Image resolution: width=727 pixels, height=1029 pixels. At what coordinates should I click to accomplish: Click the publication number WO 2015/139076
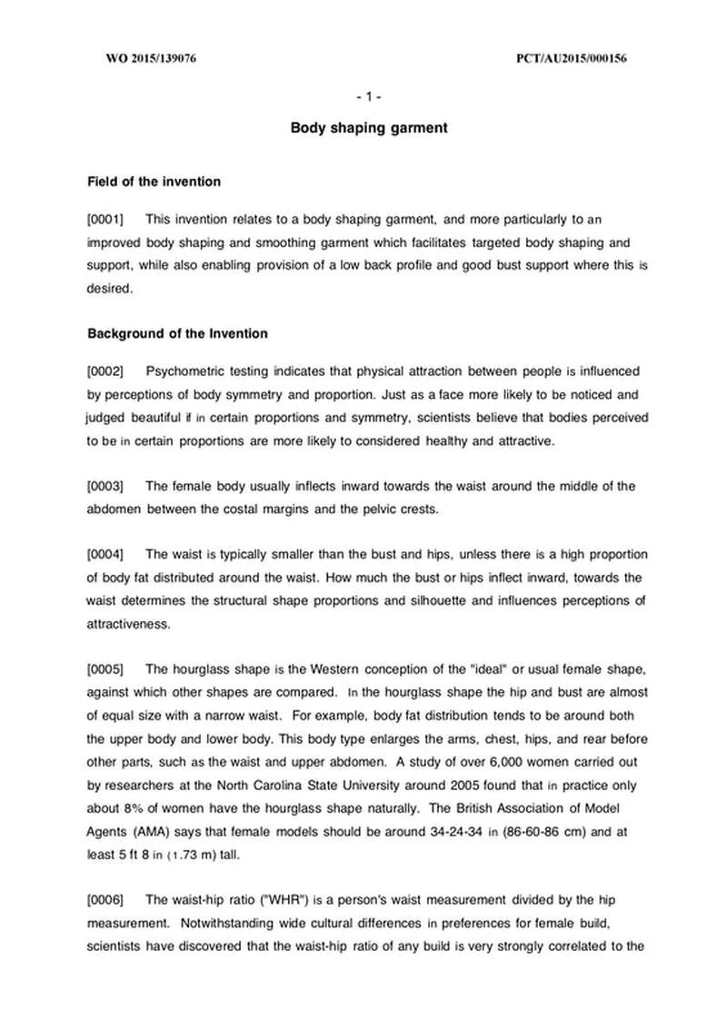[x=152, y=59]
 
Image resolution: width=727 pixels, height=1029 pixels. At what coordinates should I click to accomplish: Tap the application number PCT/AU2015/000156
[x=573, y=59]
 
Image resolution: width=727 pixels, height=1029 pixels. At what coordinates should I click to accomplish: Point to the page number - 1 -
[x=368, y=96]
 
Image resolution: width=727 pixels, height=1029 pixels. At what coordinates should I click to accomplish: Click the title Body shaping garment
[x=368, y=128]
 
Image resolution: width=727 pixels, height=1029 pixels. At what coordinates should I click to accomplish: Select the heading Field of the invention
[x=154, y=182]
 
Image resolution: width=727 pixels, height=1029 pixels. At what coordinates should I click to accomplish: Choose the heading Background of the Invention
[x=177, y=333]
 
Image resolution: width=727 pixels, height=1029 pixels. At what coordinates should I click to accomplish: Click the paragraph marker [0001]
[x=105, y=220]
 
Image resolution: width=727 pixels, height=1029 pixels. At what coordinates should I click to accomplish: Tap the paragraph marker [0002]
[x=105, y=371]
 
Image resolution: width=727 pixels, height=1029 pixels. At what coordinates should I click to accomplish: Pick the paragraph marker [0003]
[x=105, y=487]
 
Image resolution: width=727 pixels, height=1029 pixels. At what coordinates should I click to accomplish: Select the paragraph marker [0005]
[x=105, y=670]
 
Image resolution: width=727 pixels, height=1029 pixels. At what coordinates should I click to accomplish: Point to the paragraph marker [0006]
[x=105, y=899]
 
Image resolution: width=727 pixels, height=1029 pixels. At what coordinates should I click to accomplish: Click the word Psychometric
[x=184, y=371]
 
